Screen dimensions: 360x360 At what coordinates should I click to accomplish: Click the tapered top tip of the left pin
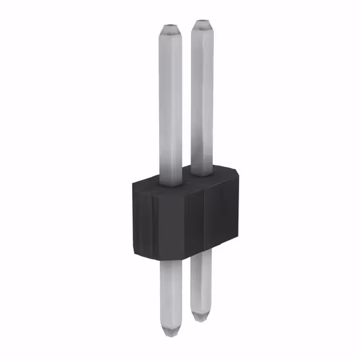(x=171, y=28)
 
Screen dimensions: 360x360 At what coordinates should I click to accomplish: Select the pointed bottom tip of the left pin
(x=171, y=333)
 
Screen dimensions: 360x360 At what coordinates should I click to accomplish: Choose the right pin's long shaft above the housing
(x=202, y=96)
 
